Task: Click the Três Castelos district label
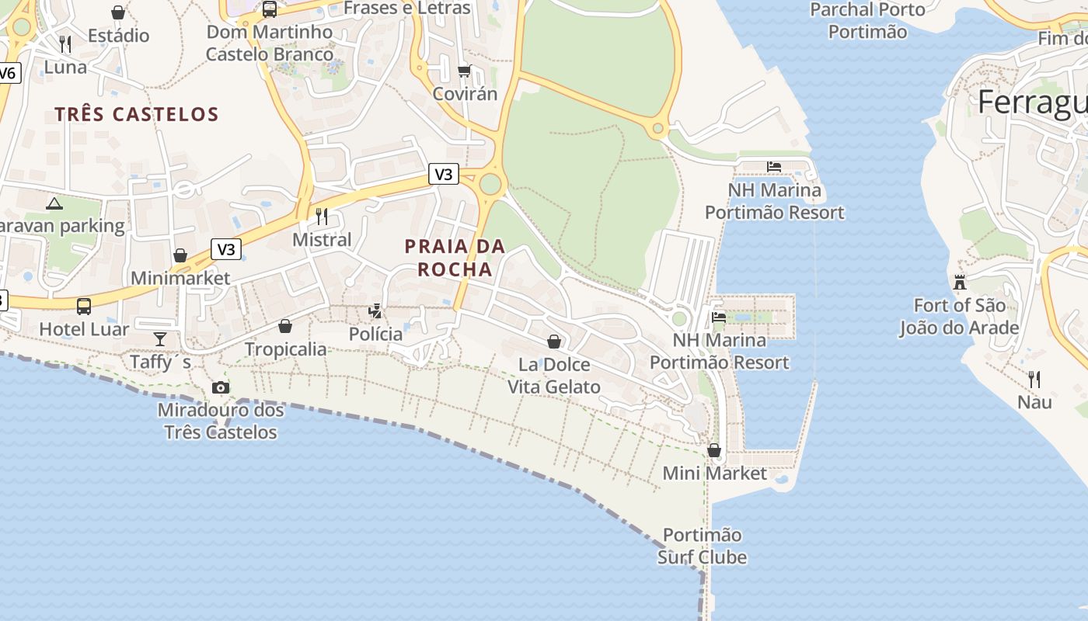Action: click(137, 115)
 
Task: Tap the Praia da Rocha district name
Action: click(455, 258)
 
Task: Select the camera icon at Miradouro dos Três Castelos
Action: click(221, 387)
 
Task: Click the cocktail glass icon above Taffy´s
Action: click(160, 338)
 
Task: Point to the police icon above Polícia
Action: click(376, 311)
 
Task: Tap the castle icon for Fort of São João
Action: click(960, 282)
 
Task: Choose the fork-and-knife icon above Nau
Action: click(1034, 379)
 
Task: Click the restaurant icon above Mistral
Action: click(322, 216)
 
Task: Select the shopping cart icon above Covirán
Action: click(464, 71)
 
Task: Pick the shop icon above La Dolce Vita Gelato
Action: click(554, 341)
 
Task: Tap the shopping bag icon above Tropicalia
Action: click(285, 326)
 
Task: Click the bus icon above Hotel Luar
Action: click(84, 306)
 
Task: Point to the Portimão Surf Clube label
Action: click(703, 546)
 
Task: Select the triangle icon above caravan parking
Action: click(54, 204)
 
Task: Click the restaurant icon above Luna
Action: click(65, 43)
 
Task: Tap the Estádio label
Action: click(118, 36)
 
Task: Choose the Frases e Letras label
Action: click(406, 9)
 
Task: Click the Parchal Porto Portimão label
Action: click(867, 21)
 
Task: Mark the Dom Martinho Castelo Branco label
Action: click(270, 43)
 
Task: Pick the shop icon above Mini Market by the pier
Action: click(714, 450)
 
